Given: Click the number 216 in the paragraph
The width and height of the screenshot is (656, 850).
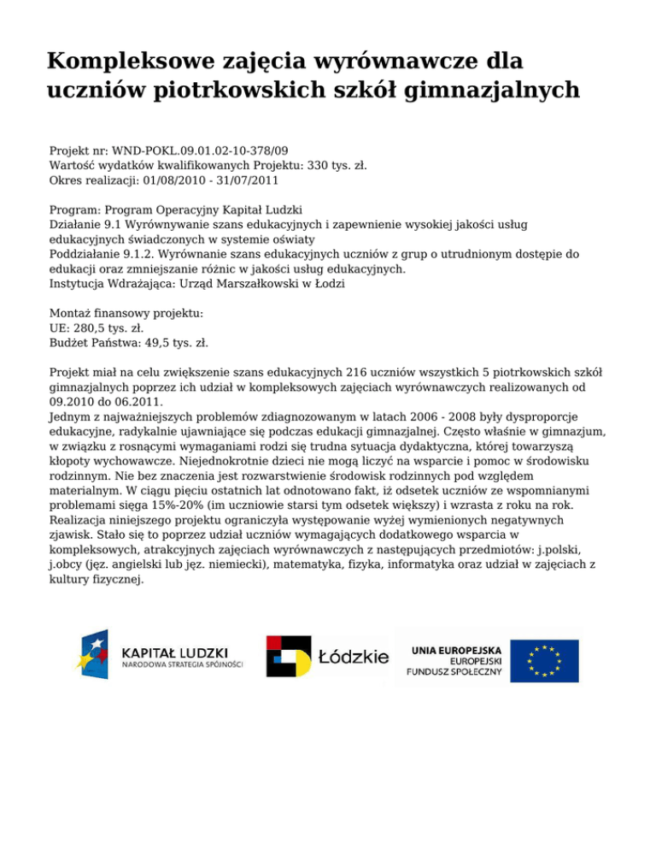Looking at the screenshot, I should tap(359, 373).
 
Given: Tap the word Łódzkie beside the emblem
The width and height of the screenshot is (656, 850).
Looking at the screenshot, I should tap(352, 658).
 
